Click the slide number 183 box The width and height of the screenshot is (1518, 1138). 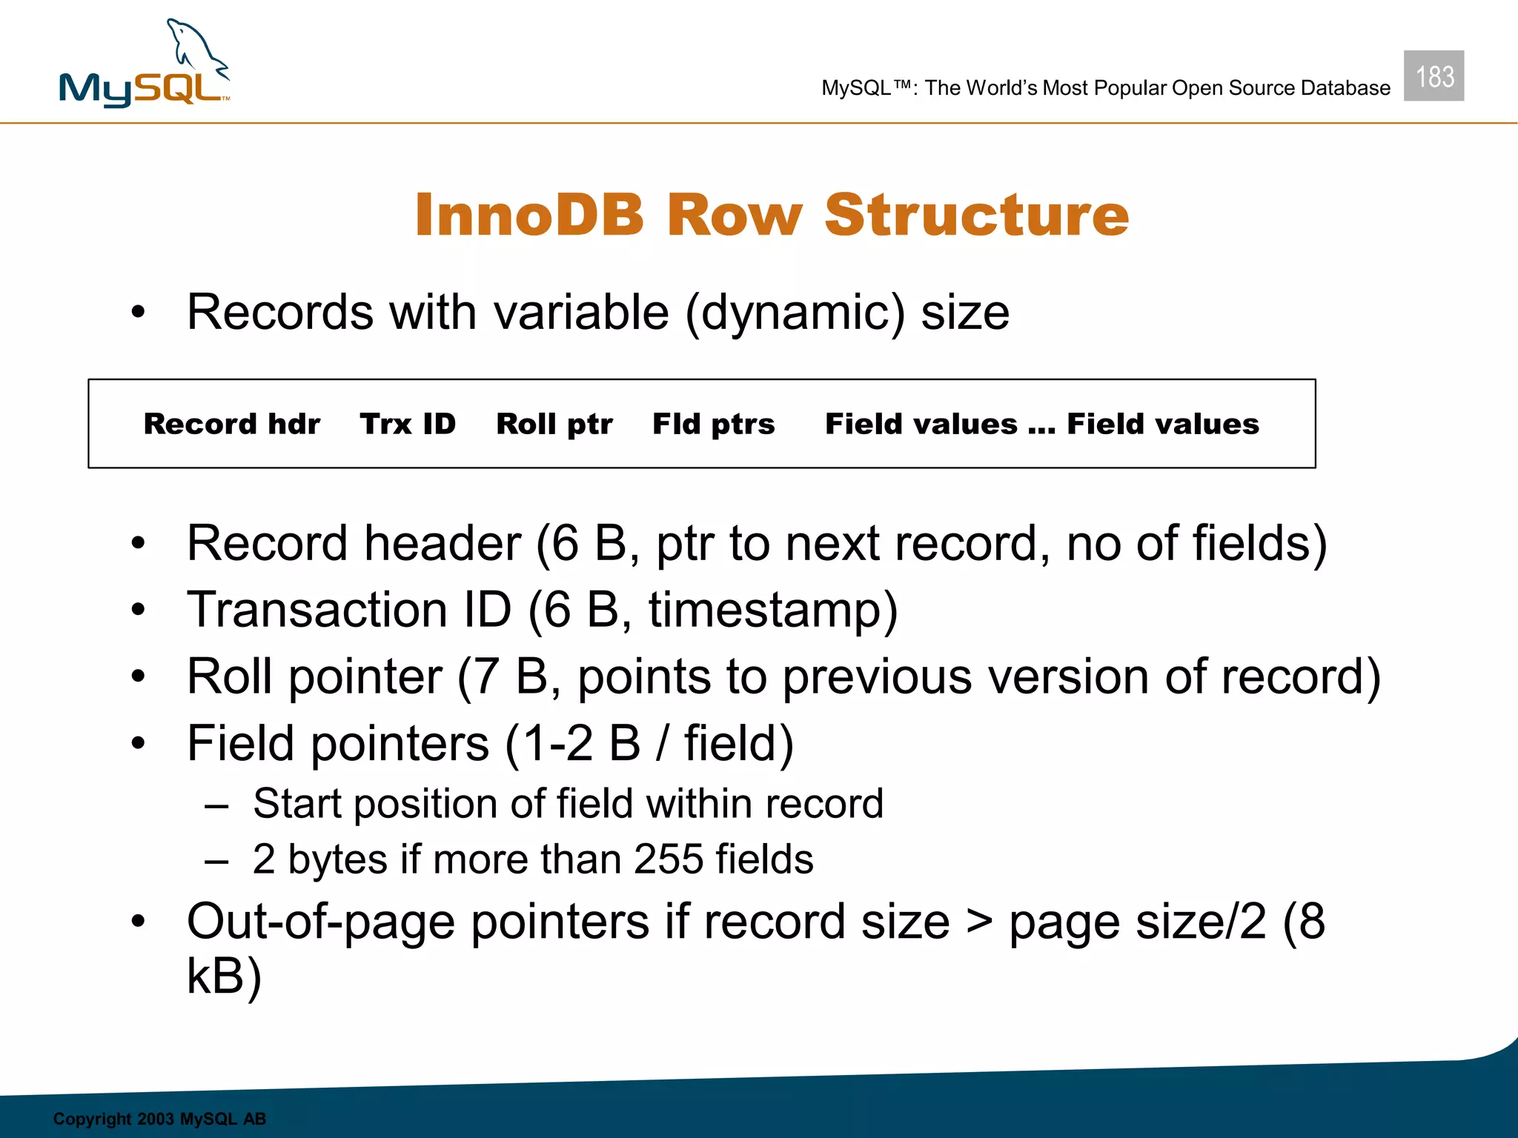[1434, 76]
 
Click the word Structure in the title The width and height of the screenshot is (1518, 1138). [976, 215]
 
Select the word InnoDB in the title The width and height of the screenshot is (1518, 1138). [528, 215]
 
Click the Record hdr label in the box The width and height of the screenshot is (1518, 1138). [231, 424]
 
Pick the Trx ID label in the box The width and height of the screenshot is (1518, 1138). [408, 424]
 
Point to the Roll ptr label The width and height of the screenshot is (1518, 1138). [554, 424]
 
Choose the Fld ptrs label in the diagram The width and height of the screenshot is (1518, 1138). [713, 424]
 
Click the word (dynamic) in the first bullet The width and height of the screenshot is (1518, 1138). [795, 313]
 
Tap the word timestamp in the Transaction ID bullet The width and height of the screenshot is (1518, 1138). [763, 610]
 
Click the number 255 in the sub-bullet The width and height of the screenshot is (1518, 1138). [668, 859]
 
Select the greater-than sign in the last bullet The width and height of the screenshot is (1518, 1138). [979, 922]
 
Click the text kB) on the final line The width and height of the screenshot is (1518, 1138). [224, 976]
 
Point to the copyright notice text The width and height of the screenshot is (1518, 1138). [159, 1119]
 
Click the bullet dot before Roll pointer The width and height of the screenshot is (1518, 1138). [138, 676]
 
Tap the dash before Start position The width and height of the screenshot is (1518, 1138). [216, 805]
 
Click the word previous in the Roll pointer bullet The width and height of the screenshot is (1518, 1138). [877, 677]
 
